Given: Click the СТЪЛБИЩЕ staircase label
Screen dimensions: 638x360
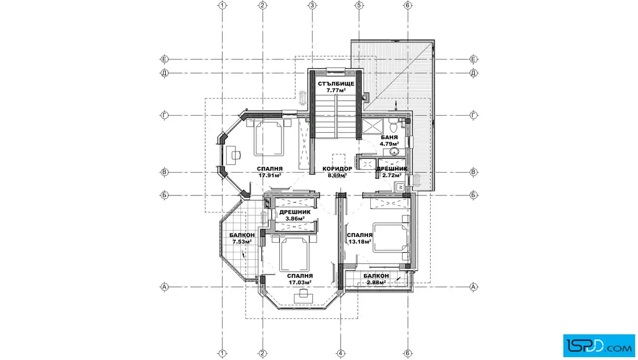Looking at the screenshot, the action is click(336, 84).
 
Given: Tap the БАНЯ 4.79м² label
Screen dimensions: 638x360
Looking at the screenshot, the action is click(390, 140).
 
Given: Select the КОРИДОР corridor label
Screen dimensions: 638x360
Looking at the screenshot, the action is click(337, 169).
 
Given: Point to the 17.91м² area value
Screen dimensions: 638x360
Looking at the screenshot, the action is click(270, 175).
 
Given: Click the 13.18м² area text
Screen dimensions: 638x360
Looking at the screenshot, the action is click(359, 242).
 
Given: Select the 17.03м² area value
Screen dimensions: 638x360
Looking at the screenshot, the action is click(300, 283).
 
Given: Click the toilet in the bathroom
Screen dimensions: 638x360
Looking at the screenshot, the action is click(393, 125).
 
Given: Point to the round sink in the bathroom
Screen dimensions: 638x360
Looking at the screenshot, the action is click(394, 152).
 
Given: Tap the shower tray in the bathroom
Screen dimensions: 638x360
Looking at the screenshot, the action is click(371, 126).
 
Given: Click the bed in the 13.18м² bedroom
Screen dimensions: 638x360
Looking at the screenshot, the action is click(391, 238).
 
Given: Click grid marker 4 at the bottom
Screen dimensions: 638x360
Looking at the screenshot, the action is click(341, 353).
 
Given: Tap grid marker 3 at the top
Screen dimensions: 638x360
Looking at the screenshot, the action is click(312, 5).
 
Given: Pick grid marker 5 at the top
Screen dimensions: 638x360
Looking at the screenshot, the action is click(359, 5).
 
